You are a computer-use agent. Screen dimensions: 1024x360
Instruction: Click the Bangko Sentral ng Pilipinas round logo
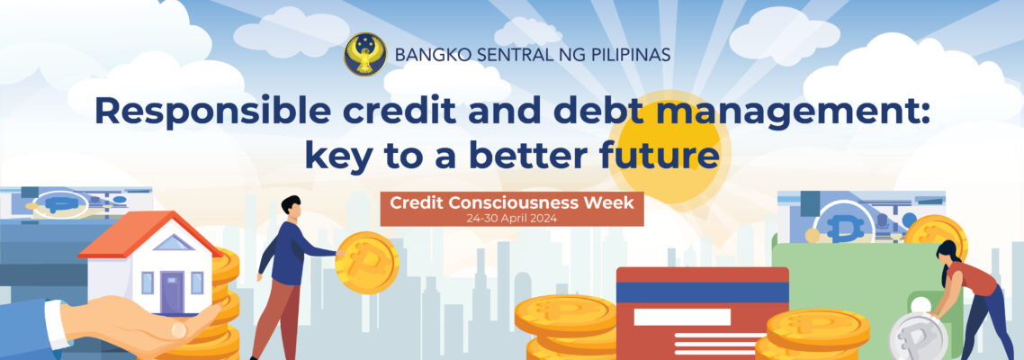click(x=365, y=54)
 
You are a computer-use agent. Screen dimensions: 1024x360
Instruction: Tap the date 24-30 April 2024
click(x=512, y=219)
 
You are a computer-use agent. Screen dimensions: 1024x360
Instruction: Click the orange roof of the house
click(x=150, y=232)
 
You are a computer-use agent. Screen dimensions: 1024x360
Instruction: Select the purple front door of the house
click(x=172, y=291)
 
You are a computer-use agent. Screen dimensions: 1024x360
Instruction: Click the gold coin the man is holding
click(x=366, y=263)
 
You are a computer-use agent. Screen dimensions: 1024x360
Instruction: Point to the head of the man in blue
click(x=292, y=207)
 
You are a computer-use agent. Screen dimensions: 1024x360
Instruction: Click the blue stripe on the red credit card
click(x=702, y=292)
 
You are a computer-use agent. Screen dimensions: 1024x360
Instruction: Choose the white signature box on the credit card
click(x=682, y=317)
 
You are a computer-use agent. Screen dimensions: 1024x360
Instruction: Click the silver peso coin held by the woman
click(x=918, y=337)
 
